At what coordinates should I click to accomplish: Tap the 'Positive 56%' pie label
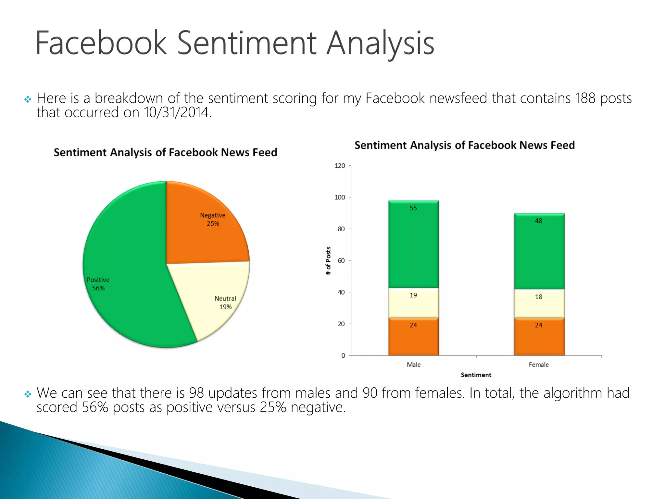pos(98,284)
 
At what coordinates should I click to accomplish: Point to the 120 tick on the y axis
pos(340,166)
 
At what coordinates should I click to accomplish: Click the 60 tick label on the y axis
pos(341,261)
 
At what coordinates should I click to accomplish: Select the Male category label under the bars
pos(413,365)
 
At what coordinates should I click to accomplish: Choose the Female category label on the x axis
pos(538,365)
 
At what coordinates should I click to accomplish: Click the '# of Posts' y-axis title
pos(328,261)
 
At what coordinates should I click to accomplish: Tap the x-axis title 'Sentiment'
pos(476,375)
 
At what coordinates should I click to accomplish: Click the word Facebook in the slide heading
pos(101,43)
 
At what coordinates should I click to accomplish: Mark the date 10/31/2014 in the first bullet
pos(177,112)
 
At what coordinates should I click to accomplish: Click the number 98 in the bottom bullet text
pos(196,393)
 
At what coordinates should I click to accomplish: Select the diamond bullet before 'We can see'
pos(28,394)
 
